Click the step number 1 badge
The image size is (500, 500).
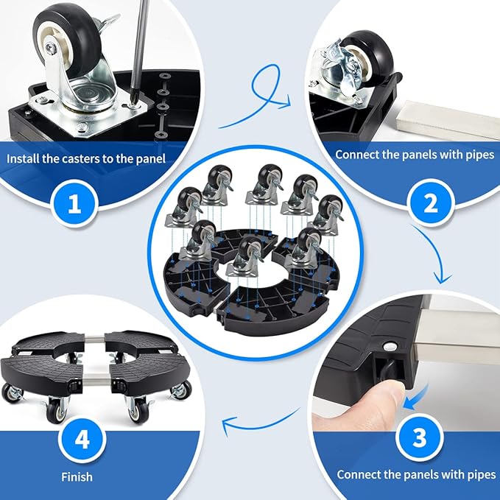(74, 203)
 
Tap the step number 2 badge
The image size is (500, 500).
(431, 203)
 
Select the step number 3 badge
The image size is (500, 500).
(419, 437)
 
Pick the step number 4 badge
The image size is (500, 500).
(82, 440)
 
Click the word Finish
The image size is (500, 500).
(77, 477)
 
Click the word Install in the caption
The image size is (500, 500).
(22, 158)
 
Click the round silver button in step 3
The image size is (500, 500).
(390, 346)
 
